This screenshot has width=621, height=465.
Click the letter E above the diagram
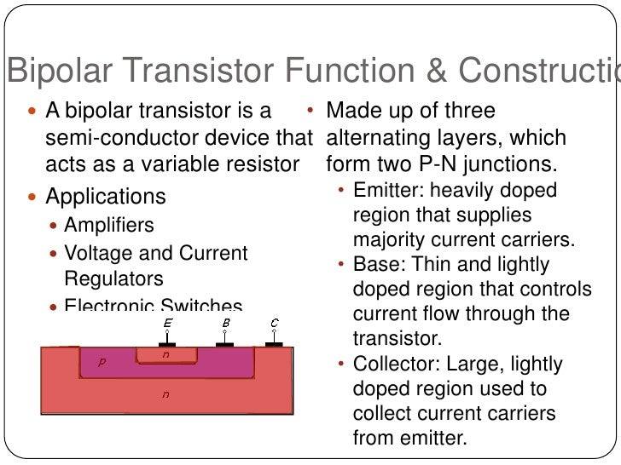[x=166, y=324]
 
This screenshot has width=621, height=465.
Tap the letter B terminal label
[x=225, y=324]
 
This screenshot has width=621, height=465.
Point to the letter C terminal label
[x=274, y=324]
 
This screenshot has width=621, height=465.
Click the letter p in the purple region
[x=102, y=362]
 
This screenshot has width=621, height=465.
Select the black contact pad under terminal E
[x=167, y=345]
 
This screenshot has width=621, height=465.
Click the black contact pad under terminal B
[x=225, y=345]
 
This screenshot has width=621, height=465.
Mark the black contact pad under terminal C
[x=274, y=345]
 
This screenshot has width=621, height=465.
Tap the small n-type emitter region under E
[x=166, y=354]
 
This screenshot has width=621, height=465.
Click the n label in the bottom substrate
[x=166, y=394]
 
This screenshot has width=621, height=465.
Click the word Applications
[x=106, y=197]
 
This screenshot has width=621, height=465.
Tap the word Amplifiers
[x=109, y=226]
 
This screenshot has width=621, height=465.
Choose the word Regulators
[x=114, y=278]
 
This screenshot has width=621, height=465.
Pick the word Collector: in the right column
[x=392, y=365]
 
